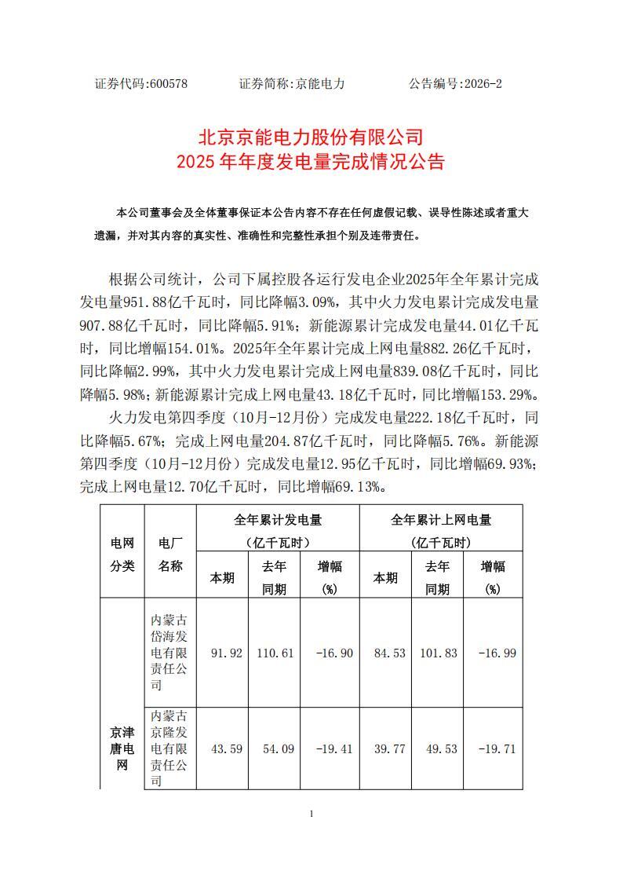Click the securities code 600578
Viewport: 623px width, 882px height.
[x=167, y=83]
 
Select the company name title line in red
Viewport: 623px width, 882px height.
[x=311, y=137]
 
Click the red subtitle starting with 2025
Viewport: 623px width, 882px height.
[x=311, y=163]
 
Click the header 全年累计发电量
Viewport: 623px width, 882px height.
[x=278, y=520]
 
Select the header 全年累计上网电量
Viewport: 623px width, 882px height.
[x=440, y=520]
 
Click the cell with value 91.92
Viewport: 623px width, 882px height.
[x=222, y=653]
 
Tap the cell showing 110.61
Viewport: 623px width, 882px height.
[x=274, y=653]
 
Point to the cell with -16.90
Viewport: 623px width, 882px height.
[x=330, y=653]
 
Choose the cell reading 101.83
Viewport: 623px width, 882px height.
[x=437, y=653]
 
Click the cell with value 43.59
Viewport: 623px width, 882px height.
[x=222, y=748]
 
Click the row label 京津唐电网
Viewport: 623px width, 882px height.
[x=122, y=748]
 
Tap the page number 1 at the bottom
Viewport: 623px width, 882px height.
[x=311, y=814]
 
